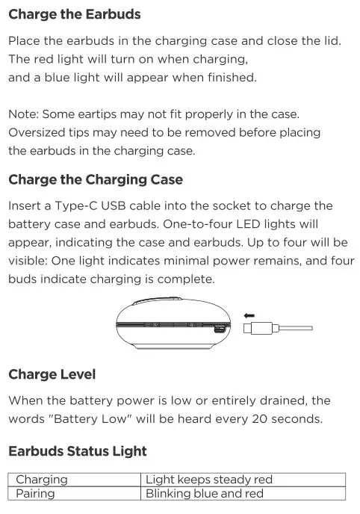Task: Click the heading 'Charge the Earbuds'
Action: [74, 15]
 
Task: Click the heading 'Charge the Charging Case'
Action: [95, 180]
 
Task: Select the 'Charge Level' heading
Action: [52, 374]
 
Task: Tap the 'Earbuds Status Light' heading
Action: [77, 451]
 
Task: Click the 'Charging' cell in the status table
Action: [41, 480]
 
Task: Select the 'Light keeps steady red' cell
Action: [209, 480]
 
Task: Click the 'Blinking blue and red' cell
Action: [205, 493]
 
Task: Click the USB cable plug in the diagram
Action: [258, 327]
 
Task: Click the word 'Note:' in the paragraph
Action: [23, 114]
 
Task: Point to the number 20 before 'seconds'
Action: [262, 419]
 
